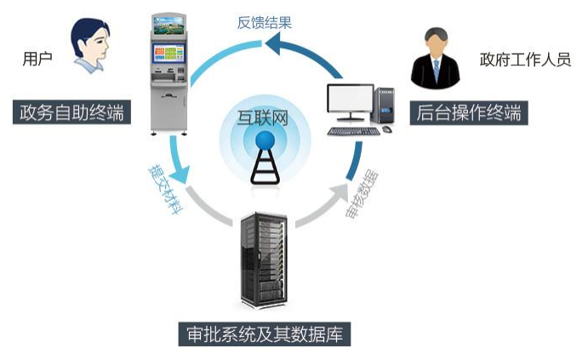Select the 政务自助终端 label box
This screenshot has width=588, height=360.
tap(73, 111)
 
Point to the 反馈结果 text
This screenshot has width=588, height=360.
tap(265, 23)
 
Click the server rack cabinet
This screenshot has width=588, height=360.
tap(264, 259)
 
